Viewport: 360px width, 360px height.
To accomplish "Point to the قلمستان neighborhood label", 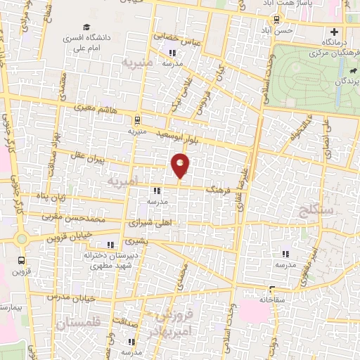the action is (x=77, y=324).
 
